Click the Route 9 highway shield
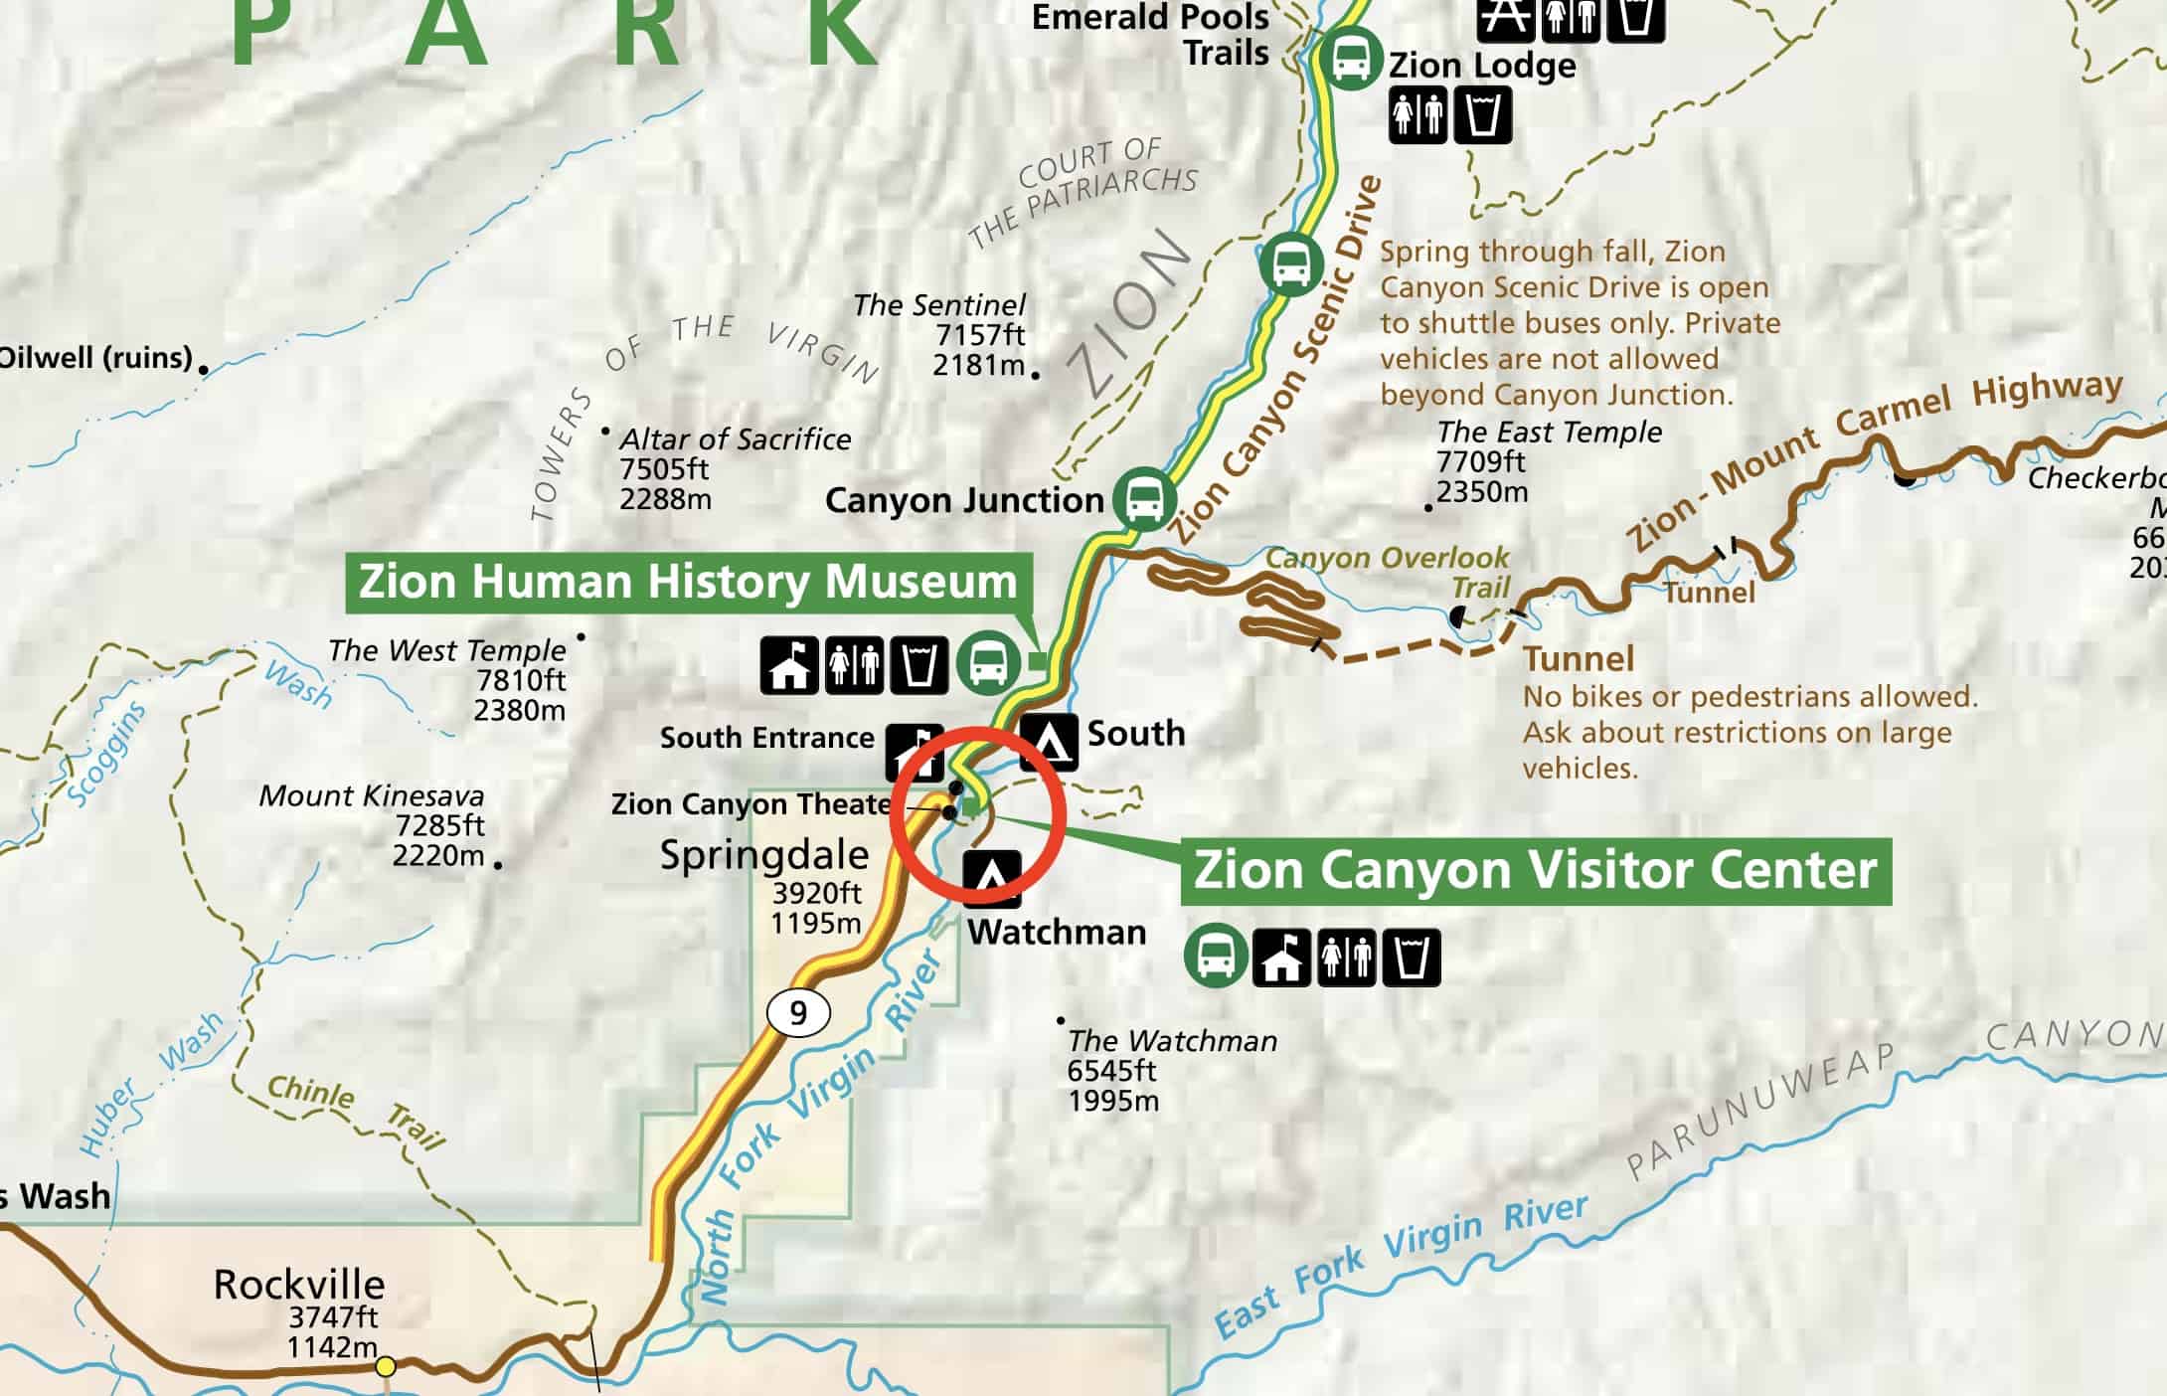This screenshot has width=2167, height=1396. [798, 1013]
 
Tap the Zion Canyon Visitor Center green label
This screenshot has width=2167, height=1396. [1535, 870]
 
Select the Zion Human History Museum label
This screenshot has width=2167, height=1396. [688, 582]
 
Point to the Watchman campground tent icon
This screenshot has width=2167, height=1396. [991, 878]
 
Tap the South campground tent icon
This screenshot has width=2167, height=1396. [1049, 741]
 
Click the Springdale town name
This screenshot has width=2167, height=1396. [764, 855]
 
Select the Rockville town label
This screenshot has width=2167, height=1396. [298, 1285]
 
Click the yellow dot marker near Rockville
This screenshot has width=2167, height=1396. [386, 1367]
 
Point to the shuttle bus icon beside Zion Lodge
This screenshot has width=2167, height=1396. [1350, 60]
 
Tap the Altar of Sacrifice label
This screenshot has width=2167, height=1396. [735, 439]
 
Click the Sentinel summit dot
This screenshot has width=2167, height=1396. [1035, 375]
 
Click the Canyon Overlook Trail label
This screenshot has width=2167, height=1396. [1388, 571]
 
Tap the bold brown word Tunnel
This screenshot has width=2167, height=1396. [1579, 658]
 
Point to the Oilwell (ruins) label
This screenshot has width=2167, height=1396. [96, 358]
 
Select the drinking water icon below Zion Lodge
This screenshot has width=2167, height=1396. [1482, 114]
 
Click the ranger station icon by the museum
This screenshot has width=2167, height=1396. [789, 665]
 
